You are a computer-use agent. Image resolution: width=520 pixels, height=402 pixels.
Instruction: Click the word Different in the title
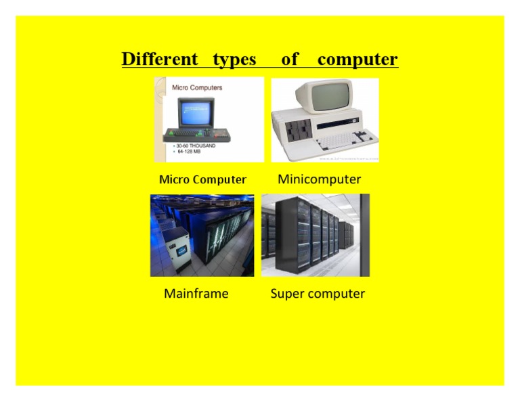tap(160, 60)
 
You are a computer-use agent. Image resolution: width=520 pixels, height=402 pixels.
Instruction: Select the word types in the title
tap(234, 60)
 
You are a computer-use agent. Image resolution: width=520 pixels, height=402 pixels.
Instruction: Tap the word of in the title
tap(290, 60)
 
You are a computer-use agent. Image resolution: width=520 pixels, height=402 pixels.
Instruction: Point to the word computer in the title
tap(357, 60)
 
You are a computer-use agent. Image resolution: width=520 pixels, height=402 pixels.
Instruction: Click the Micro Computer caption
tap(202, 180)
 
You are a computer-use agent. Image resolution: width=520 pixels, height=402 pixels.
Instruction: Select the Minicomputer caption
tap(320, 179)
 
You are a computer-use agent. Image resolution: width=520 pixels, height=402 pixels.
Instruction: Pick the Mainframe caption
tap(196, 294)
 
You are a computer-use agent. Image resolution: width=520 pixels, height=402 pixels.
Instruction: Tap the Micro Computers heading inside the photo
tap(197, 87)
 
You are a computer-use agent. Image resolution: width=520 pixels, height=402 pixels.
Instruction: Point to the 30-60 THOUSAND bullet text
tap(197, 146)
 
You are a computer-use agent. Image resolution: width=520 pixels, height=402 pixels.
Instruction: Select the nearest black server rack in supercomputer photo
tap(288, 233)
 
